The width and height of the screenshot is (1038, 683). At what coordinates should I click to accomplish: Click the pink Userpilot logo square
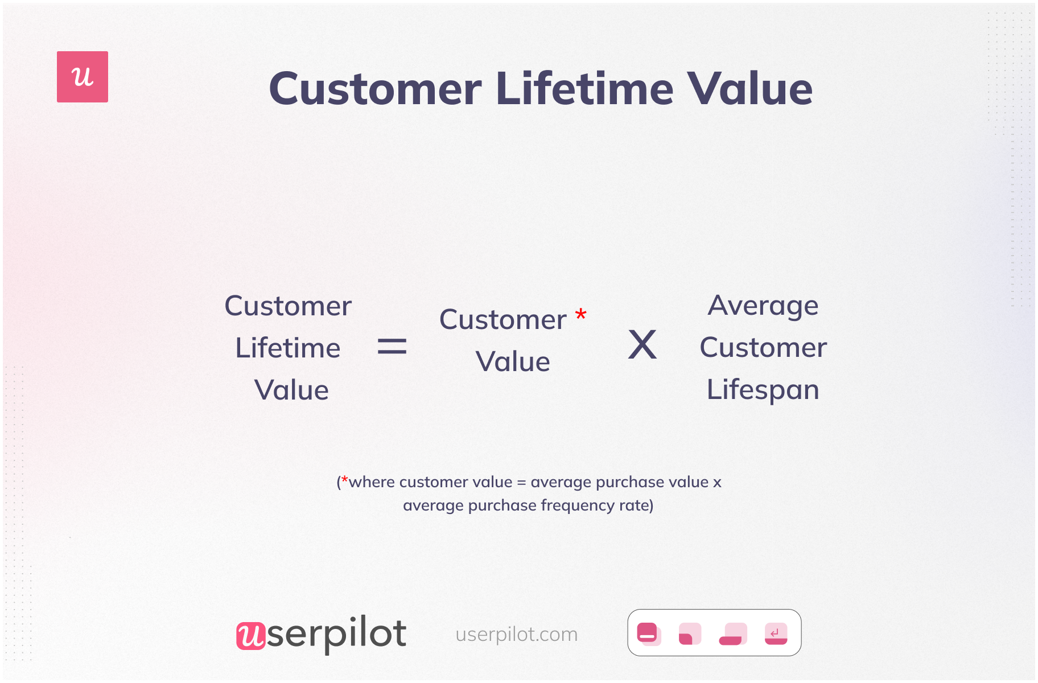(83, 77)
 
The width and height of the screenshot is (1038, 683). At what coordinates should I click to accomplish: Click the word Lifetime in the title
(584, 89)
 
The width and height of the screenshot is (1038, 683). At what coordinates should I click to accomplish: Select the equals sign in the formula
(392, 346)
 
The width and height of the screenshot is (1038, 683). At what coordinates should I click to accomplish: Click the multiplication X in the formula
(642, 345)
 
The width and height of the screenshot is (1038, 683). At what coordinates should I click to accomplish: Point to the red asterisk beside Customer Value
(580, 315)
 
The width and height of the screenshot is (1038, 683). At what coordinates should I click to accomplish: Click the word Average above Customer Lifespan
(763, 306)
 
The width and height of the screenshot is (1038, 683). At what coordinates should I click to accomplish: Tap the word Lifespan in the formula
(763, 390)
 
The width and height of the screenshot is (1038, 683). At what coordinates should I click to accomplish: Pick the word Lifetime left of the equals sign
(288, 348)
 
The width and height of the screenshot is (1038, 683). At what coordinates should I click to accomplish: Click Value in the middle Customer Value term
(513, 362)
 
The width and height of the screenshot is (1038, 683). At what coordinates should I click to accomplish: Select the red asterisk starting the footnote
(344, 480)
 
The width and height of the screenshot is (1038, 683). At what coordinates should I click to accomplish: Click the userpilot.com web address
(516, 634)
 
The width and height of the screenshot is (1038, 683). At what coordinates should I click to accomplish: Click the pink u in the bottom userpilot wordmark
(250, 635)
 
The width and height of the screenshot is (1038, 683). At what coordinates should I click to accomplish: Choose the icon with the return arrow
(776, 633)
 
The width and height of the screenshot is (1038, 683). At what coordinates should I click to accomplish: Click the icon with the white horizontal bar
(648, 633)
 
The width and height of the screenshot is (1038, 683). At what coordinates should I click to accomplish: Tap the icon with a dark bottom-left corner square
(689, 633)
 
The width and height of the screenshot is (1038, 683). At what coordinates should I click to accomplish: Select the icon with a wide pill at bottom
(732, 633)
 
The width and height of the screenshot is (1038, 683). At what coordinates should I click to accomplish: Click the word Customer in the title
(376, 89)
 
